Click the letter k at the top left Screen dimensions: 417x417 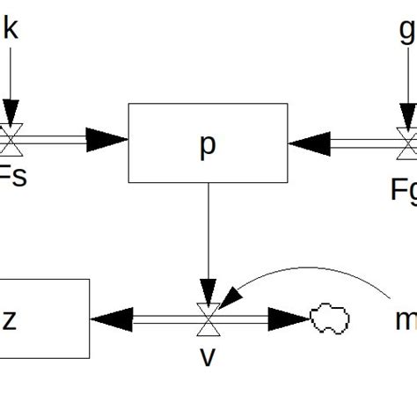[x=10, y=28]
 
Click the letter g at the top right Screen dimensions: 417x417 [x=407, y=31]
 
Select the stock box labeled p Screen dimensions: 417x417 [x=208, y=143]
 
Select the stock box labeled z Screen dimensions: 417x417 [x=44, y=318]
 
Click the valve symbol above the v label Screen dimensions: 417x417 [x=208, y=318]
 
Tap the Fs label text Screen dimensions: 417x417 [x=13, y=178]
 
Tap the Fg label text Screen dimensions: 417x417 [x=404, y=188]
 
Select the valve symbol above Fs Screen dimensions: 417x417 [x=11, y=138]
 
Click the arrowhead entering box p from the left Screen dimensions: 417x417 [x=106, y=137]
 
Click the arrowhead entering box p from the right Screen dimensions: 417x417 [x=308, y=141]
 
